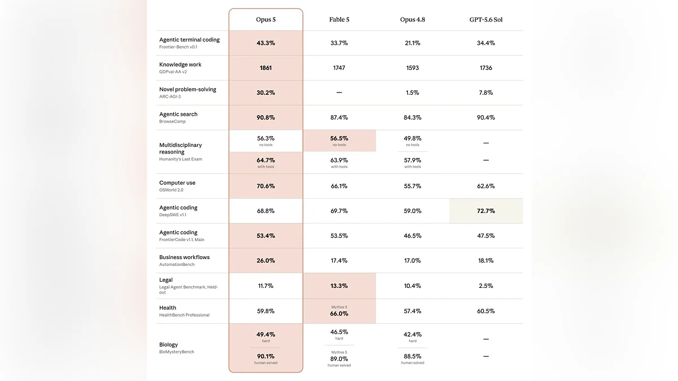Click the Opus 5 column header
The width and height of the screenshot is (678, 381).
[x=266, y=20]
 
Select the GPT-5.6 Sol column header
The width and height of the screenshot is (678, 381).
[x=486, y=20]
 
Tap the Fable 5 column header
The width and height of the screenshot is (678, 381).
[x=339, y=20]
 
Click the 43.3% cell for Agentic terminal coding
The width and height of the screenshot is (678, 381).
[x=266, y=43]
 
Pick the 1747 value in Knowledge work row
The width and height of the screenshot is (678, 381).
[x=339, y=68]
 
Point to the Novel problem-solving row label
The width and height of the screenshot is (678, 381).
[x=188, y=89]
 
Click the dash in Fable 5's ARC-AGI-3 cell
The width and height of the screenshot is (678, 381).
[x=339, y=93]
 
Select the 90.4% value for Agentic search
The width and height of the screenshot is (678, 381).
[x=486, y=117]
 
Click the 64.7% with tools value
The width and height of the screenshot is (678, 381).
[x=266, y=160]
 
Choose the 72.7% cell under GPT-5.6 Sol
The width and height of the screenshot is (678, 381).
[x=486, y=211]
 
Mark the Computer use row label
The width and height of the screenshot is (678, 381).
[x=177, y=183]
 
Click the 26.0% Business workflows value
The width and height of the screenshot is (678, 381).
[x=266, y=260]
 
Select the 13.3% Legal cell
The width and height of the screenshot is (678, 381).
[x=339, y=286]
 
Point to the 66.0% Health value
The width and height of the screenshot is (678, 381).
[x=339, y=314]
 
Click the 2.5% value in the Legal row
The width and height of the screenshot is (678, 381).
[x=486, y=286]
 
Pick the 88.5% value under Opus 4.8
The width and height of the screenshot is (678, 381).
[x=412, y=356]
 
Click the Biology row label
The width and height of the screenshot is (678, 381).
[x=168, y=344]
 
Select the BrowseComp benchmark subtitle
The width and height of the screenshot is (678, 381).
[x=172, y=121]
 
